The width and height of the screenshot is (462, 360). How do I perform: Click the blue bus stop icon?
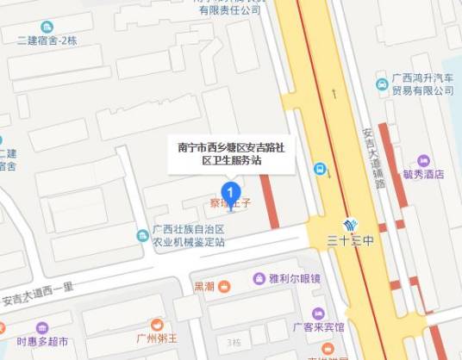click(320, 169)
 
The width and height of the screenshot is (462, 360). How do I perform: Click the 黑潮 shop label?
click(204, 286)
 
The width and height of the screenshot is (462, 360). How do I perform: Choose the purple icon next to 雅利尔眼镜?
click(259, 278)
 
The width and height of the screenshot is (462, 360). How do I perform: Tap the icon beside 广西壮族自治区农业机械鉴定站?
click(141, 235)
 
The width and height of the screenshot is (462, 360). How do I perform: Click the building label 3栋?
click(234, 342)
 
